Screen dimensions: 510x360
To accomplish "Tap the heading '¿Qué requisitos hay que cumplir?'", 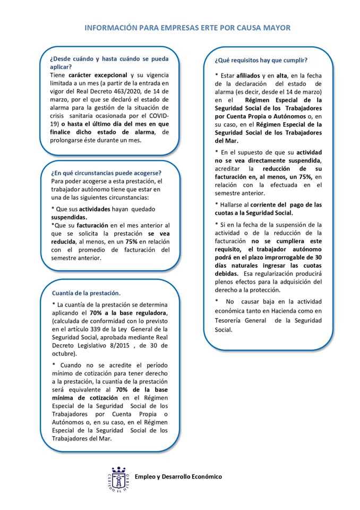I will point(261,60).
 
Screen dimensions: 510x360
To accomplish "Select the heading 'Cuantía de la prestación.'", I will point(87,293).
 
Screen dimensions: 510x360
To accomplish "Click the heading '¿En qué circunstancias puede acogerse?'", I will point(106,173).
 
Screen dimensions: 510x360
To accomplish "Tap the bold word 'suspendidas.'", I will point(69,217).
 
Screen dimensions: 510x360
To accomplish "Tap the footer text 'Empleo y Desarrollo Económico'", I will point(178,477).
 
